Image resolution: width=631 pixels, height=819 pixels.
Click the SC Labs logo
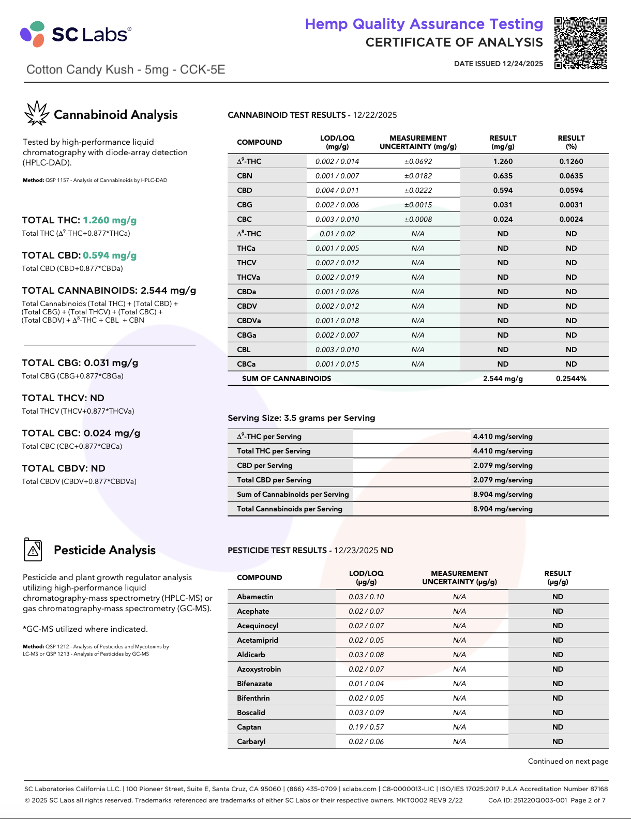point(76,34)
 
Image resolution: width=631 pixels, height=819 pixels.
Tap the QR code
point(580,43)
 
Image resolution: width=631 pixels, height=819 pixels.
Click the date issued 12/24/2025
point(499,64)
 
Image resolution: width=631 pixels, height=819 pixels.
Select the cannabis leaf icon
point(37,113)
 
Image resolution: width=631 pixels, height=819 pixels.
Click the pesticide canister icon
point(33,549)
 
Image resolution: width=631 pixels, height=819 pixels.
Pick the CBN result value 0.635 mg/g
point(503,176)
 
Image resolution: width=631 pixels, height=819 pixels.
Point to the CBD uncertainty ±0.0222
point(418,190)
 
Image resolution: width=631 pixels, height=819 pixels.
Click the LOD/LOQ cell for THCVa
point(337,277)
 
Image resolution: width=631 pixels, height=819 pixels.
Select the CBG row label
point(245,205)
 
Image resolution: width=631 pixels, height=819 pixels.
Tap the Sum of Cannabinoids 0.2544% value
point(571,378)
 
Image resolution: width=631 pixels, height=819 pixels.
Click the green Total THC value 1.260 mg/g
point(110,220)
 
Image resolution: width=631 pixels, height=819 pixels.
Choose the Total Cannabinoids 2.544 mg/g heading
point(109,291)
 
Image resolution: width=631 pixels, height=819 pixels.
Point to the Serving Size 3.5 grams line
point(302,418)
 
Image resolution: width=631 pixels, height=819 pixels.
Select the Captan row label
point(249,727)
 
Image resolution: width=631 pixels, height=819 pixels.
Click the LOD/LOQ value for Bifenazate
point(366,684)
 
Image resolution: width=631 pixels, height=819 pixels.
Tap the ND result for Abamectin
point(558,597)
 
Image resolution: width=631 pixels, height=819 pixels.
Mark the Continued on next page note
point(568,761)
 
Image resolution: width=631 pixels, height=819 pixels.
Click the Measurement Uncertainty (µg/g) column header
point(459,578)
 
